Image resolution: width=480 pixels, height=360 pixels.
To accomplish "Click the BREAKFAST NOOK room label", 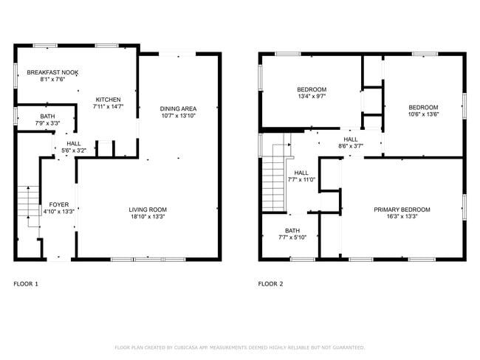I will [52, 72].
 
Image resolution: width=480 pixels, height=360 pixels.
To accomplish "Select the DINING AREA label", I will [179, 108].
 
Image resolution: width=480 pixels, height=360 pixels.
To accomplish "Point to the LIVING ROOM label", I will [148, 210].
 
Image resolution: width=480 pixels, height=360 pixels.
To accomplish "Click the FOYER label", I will [59, 204].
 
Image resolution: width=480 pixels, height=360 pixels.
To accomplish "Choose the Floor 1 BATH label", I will [47, 116].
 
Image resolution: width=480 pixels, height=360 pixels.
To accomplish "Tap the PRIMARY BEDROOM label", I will [401, 210].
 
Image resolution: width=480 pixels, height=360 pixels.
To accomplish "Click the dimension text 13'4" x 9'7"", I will [312, 96].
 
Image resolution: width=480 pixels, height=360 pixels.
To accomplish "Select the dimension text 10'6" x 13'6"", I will [423, 114].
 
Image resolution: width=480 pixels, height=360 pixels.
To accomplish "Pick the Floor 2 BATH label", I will [292, 230].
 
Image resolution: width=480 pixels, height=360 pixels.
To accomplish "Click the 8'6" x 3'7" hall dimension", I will [349, 146].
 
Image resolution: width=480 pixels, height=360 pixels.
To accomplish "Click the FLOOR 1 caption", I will [26, 283].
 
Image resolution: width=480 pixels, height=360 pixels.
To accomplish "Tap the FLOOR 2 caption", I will [270, 283].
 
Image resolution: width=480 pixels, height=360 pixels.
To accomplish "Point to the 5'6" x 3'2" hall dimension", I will [74, 150].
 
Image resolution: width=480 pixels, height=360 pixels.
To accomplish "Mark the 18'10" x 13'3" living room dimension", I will [148, 217].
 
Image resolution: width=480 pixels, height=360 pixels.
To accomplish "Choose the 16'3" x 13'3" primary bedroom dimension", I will [401, 217].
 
